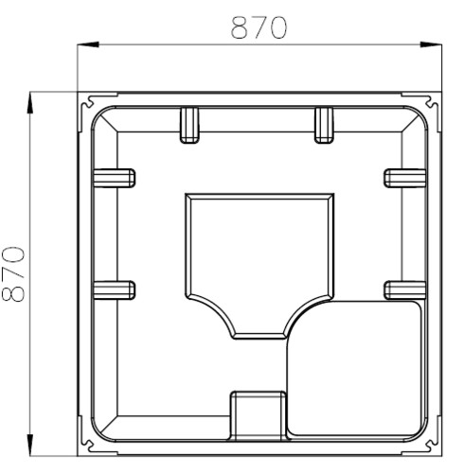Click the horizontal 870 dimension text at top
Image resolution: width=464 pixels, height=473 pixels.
click(x=259, y=27)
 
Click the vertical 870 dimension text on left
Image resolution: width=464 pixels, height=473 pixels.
click(x=13, y=273)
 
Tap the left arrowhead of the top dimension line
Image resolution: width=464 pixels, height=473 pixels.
click(x=88, y=44)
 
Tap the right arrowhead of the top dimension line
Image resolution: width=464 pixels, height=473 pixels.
click(x=431, y=44)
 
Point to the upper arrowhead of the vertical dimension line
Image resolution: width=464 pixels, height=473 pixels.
click(x=29, y=102)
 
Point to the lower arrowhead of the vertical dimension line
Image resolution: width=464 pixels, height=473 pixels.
click(x=29, y=445)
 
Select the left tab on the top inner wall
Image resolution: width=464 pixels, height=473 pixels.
click(x=189, y=126)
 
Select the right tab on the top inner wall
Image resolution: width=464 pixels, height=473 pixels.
click(x=324, y=126)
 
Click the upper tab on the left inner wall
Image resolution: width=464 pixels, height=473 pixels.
click(x=115, y=178)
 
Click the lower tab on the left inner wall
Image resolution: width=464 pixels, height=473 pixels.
click(x=115, y=290)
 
